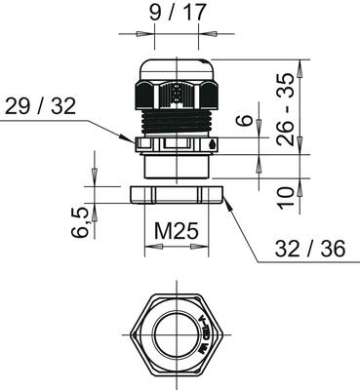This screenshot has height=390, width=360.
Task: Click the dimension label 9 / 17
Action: point(178,13)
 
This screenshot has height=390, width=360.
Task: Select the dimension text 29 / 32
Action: point(41,105)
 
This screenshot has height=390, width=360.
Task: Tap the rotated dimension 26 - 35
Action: point(285,109)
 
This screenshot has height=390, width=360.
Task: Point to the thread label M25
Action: point(176,231)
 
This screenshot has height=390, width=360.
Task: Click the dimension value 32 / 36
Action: point(310,249)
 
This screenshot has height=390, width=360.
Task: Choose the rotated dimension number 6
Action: point(247,120)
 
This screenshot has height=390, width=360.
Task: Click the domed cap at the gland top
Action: point(177,68)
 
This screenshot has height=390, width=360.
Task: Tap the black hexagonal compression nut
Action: point(177,94)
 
